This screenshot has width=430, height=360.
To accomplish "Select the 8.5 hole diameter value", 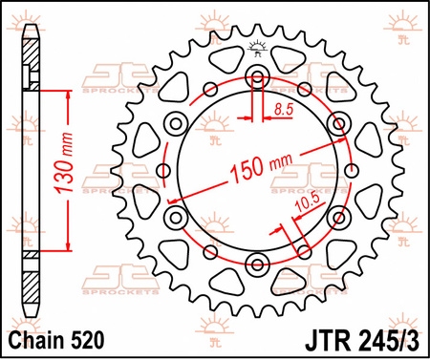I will [x=282, y=111].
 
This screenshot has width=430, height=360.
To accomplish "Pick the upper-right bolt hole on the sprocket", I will [x=337, y=124].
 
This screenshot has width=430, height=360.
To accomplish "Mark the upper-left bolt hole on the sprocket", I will [x=174, y=124].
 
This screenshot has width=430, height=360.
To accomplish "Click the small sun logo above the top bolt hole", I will [x=255, y=47].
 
